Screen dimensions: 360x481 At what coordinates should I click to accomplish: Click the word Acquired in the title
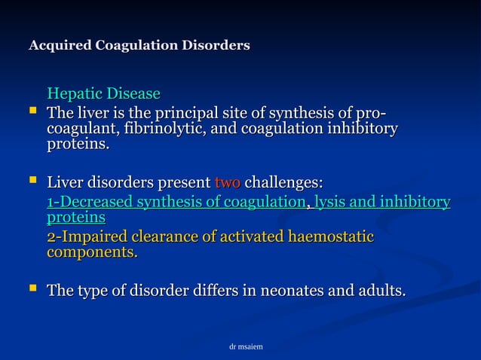coord(60,46)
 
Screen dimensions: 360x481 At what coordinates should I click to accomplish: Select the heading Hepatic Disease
coord(103,94)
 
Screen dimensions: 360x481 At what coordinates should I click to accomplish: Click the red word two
coord(228,183)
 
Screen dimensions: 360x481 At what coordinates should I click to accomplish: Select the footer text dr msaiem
coord(246,347)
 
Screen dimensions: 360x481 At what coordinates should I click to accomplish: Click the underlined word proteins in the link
coord(76,218)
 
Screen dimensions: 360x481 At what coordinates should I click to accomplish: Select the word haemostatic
coord(330,237)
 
